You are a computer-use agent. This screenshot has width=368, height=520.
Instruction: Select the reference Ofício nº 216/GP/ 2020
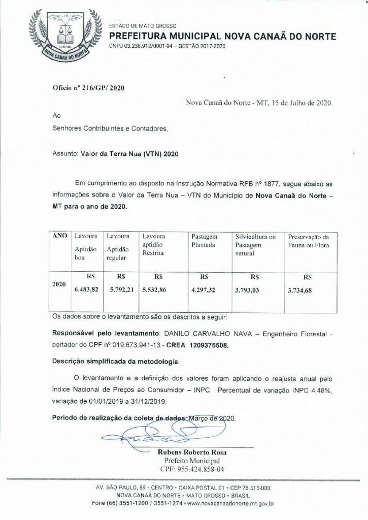[x=88, y=87]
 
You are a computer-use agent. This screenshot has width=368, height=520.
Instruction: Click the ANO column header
[x=60, y=236]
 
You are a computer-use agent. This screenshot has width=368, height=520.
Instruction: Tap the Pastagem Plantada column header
[x=204, y=241]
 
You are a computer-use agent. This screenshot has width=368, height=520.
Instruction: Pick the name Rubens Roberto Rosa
[x=191, y=452]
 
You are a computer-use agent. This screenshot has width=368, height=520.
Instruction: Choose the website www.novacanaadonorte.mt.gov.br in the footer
[x=231, y=504]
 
